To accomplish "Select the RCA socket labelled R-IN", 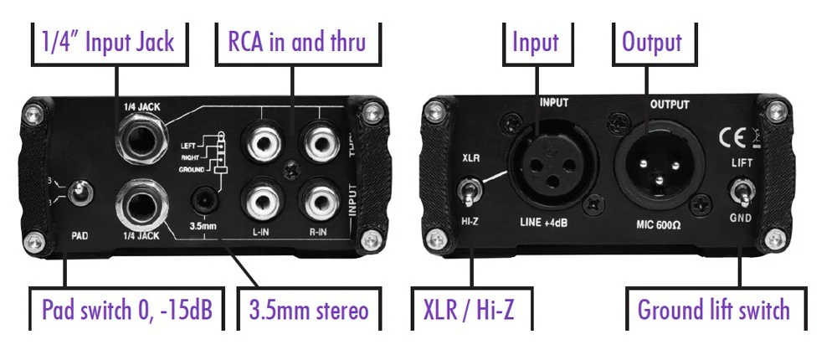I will click(x=321, y=201).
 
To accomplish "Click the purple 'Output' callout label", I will click(x=651, y=42).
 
